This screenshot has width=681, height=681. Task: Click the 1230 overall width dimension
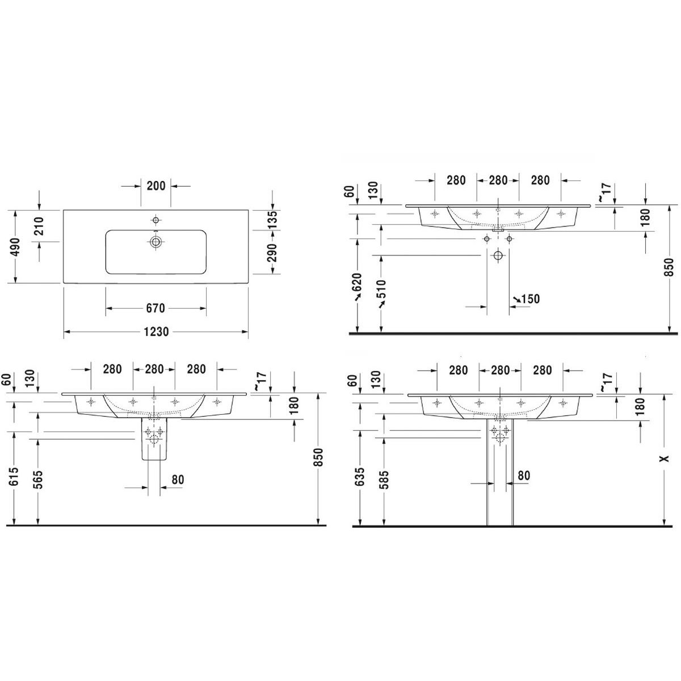156,332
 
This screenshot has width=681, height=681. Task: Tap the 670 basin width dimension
155,308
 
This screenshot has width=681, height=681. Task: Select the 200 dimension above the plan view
156,186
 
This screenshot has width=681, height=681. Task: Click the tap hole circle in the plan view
155,220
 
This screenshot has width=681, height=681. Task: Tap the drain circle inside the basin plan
155,242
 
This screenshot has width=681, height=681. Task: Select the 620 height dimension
358,282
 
